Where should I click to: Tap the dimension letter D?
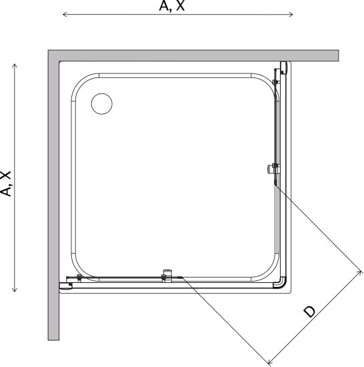[309, 312]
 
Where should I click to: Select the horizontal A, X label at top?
[172, 5]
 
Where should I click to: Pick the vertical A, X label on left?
[5, 183]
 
